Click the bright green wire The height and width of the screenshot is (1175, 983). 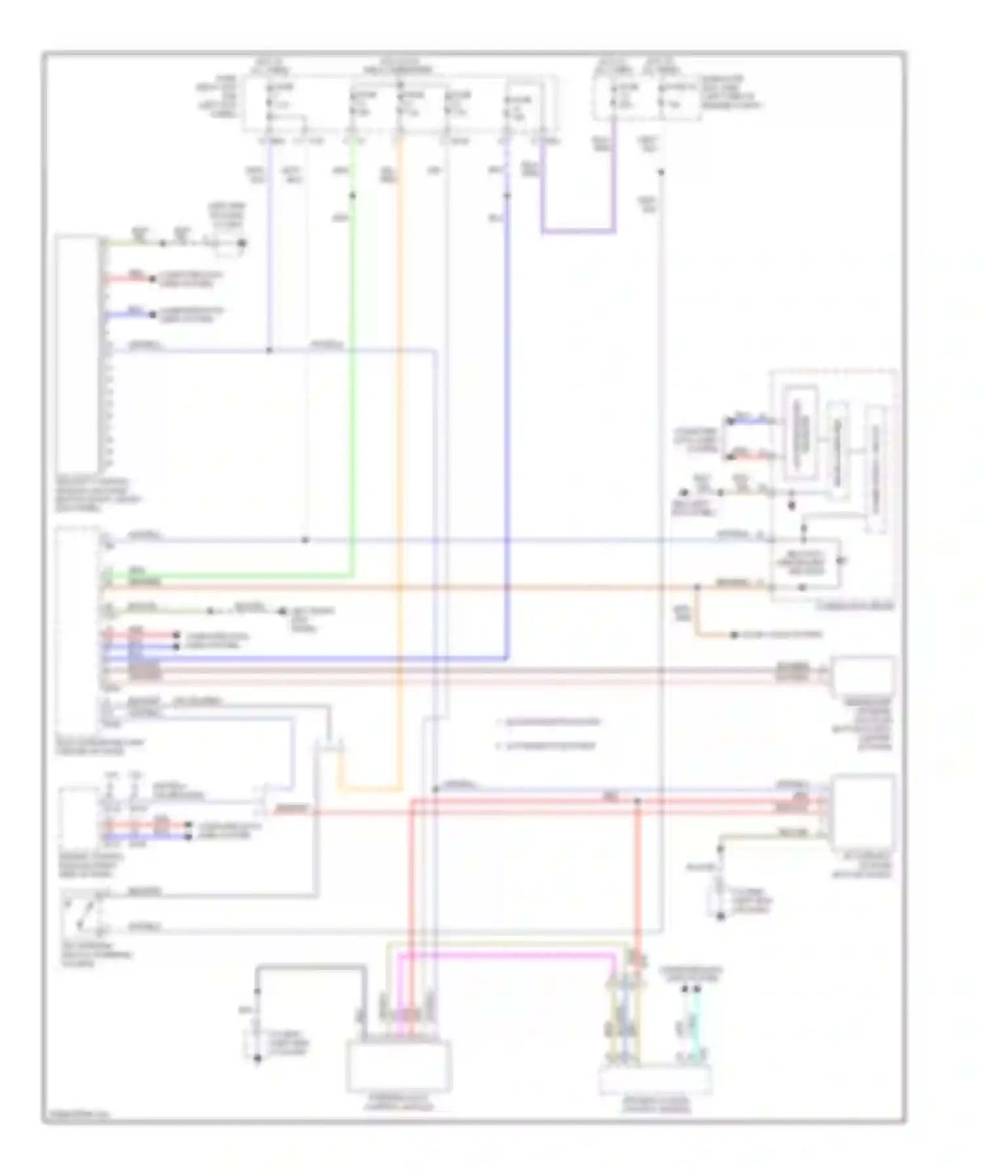click(354, 393)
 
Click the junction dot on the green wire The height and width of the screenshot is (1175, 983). click(353, 195)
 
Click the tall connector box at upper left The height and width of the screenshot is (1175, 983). click(79, 354)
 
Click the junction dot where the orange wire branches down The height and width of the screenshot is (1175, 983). click(697, 588)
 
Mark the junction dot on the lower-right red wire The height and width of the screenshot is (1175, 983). click(637, 801)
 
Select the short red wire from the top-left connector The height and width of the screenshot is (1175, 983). click(128, 279)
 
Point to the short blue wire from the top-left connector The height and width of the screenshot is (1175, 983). click(128, 315)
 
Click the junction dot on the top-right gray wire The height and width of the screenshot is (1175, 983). click(661, 172)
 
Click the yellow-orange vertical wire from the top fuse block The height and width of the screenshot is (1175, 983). click(401, 459)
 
